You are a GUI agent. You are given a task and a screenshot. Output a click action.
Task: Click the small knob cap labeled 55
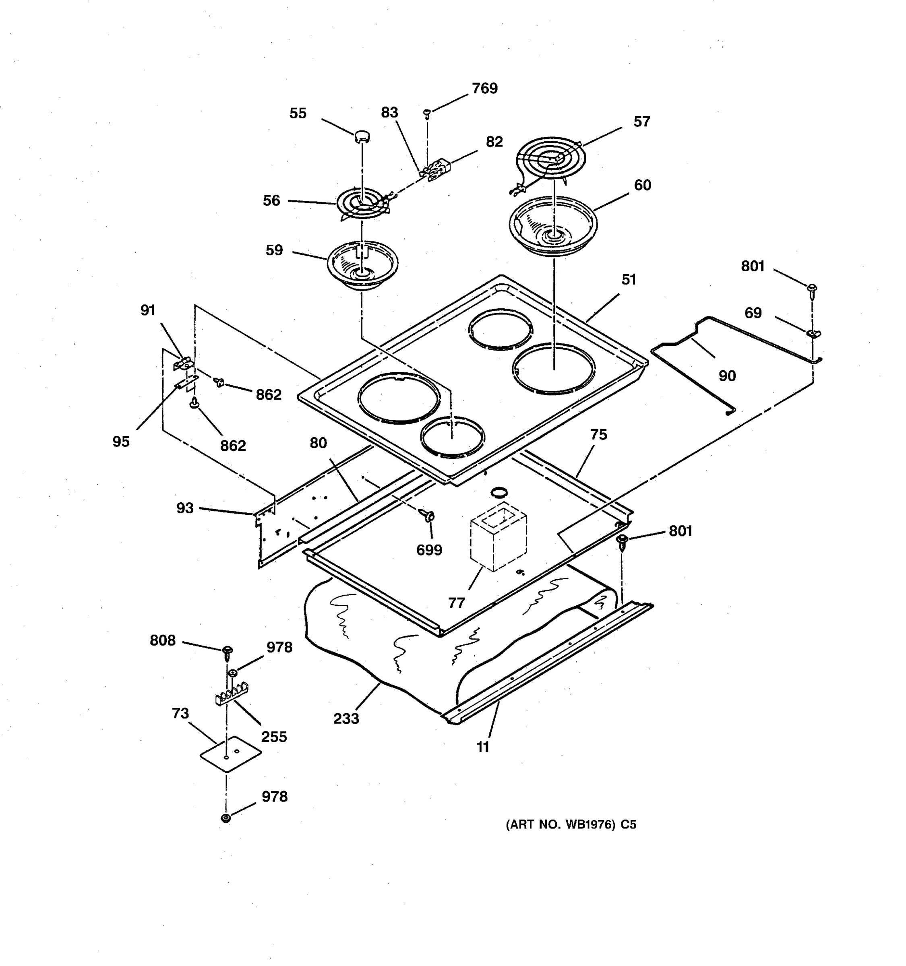pyautogui.click(x=362, y=136)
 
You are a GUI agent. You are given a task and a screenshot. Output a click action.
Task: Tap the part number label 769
pyautogui.click(x=484, y=89)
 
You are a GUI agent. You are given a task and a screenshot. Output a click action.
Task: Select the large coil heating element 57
pyautogui.click(x=551, y=159)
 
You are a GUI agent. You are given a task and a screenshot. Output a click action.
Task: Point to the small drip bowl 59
pyautogui.click(x=362, y=265)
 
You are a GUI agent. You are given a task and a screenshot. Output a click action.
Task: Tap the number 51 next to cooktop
pyautogui.click(x=629, y=279)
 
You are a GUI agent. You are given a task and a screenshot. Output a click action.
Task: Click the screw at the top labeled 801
pyautogui.click(x=812, y=289)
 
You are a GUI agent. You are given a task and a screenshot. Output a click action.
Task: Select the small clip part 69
pyautogui.click(x=812, y=333)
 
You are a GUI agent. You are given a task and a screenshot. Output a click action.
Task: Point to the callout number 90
pyautogui.click(x=727, y=376)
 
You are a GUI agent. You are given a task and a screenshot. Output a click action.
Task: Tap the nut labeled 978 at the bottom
pyautogui.click(x=226, y=818)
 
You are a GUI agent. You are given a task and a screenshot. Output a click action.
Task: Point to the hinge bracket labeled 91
pyautogui.click(x=182, y=363)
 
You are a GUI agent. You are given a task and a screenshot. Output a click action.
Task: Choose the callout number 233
pyautogui.click(x=346, y=718)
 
